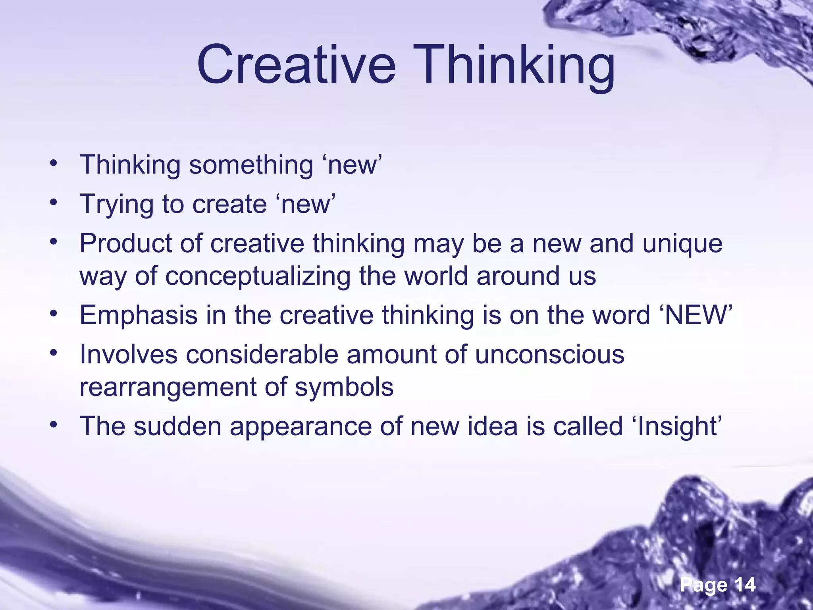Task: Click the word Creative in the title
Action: click(x=296, y=64)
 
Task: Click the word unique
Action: click(x=682, y=244)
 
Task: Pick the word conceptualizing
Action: click(x=258, y=276)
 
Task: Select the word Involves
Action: click(x=128, y=354)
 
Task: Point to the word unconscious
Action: click(x=550, y=354)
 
